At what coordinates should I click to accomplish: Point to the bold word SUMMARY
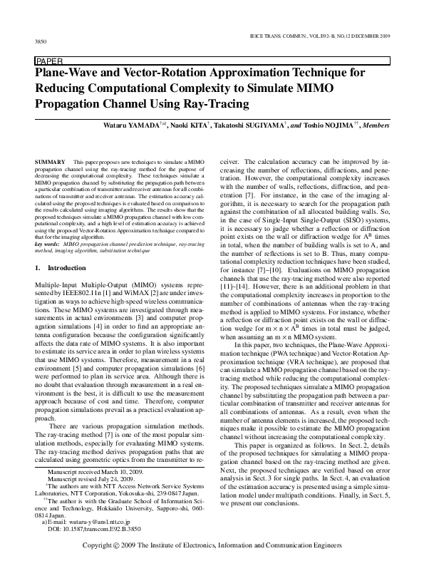[x=48, y=163]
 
